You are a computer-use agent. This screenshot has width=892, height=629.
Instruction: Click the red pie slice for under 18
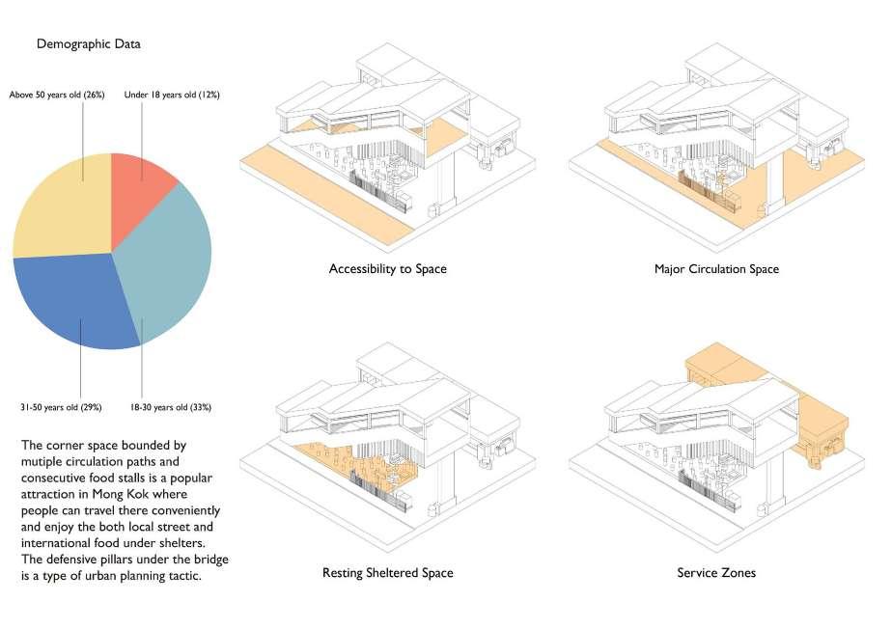(140, 188)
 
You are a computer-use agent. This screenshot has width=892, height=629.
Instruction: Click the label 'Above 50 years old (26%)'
(57, 95)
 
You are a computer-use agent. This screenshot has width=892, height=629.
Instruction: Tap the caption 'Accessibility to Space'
(387, 268)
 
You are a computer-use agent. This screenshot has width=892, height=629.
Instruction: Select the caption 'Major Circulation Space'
(716, 268)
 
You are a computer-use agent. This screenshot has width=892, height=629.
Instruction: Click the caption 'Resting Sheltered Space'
(387, 573)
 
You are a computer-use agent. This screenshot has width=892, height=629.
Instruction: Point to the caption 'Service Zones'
(716, 573)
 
